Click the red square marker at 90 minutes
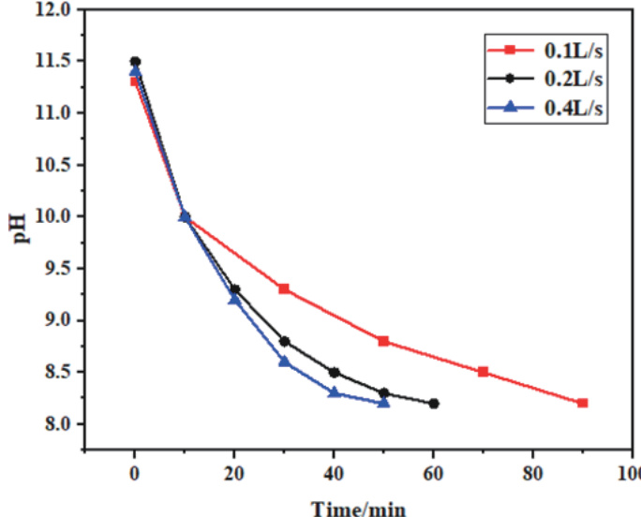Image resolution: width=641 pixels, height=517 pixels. click(582, 403)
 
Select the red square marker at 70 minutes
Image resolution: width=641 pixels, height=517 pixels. click(483, 372)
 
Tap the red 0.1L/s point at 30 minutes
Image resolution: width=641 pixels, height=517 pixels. click(284, 288)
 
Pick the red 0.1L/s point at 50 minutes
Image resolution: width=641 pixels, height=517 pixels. click(383, 341)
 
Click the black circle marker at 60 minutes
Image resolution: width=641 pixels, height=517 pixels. click(433, 404)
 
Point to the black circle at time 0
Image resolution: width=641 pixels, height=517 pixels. click(135, 62)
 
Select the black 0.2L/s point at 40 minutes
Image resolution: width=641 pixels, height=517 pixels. click(334, 372)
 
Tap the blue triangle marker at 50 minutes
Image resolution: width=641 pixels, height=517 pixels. click(383, 402)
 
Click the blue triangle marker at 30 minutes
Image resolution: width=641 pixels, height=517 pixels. click(284, 361)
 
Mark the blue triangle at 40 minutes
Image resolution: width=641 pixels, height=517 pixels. click(334, 391)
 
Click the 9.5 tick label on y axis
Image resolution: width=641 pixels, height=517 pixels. click(58, 269)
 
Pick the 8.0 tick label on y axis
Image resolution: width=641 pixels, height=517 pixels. click(58, 424)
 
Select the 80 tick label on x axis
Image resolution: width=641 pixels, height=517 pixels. click(531, 472)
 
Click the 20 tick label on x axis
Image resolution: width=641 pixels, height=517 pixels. click(233, 472)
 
